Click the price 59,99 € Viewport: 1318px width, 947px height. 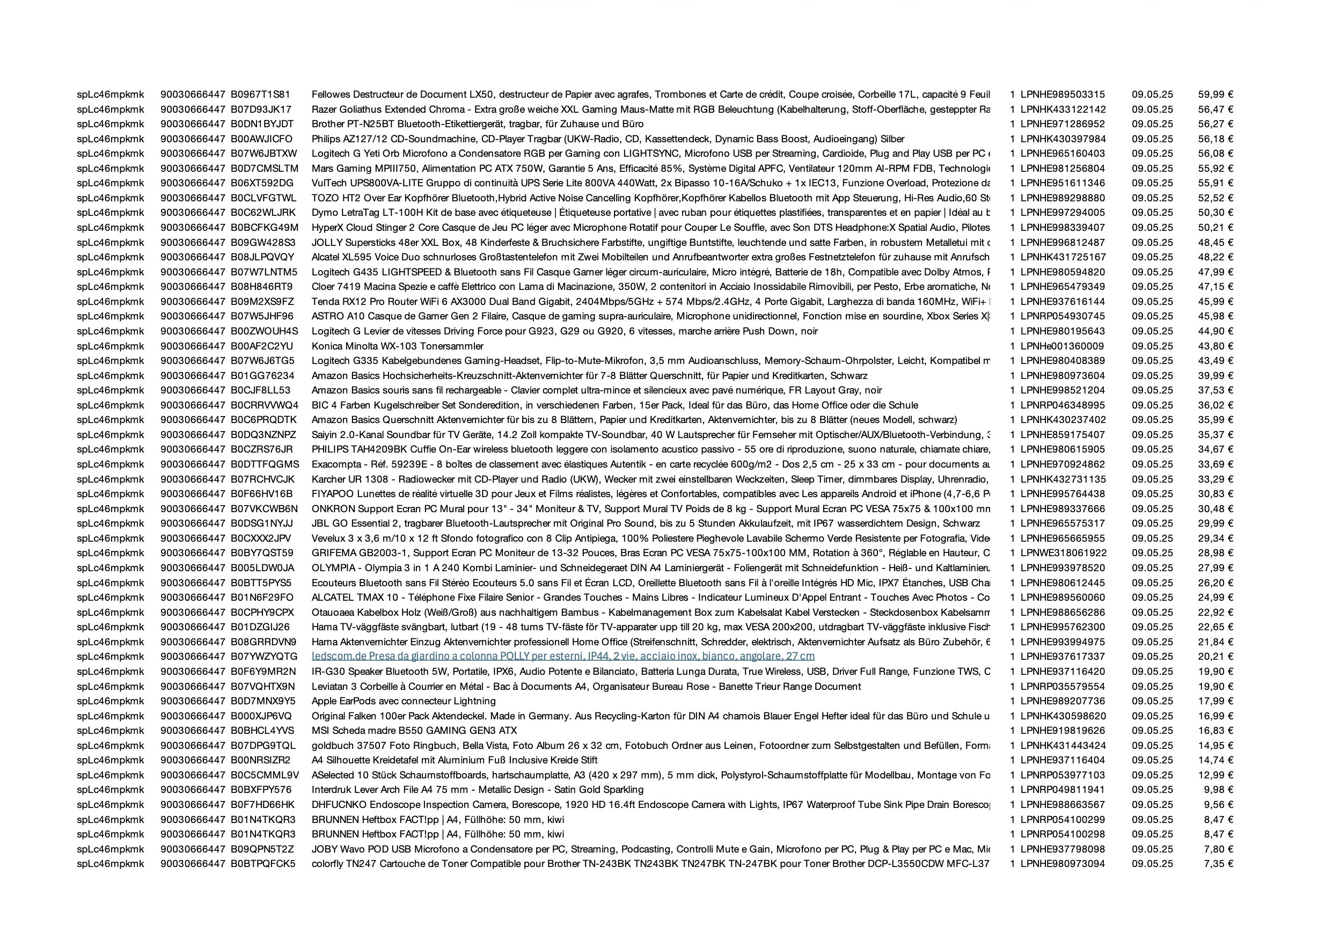point(1215,94)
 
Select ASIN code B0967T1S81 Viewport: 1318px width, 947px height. point(260,94)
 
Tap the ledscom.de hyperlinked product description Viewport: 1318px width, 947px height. point(562,657)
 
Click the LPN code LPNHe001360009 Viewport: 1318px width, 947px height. point(1063,346)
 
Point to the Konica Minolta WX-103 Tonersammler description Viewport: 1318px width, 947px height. point(398,346)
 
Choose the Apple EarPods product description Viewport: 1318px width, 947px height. point(404,701)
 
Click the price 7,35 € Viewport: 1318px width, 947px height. point(1218,864)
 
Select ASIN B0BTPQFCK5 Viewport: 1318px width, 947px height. point(262,864)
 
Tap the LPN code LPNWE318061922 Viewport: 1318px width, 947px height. point(1063,553)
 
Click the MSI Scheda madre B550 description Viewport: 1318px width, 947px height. point(414,731)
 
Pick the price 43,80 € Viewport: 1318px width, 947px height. point(1215,346)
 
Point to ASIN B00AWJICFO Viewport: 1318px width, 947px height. point(261,139)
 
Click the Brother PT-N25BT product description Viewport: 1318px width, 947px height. point(477,124)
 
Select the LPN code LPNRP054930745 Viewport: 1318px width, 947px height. point(1063,316)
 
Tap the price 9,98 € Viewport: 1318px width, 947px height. point(1218,790)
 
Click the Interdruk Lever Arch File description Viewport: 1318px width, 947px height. point(477,790)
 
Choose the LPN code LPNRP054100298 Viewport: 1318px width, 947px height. point(1063,834)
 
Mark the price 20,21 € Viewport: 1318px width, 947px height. point(1215,657)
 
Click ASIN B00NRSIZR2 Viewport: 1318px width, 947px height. point(260,760)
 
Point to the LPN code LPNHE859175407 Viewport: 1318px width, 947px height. point(1063,435)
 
